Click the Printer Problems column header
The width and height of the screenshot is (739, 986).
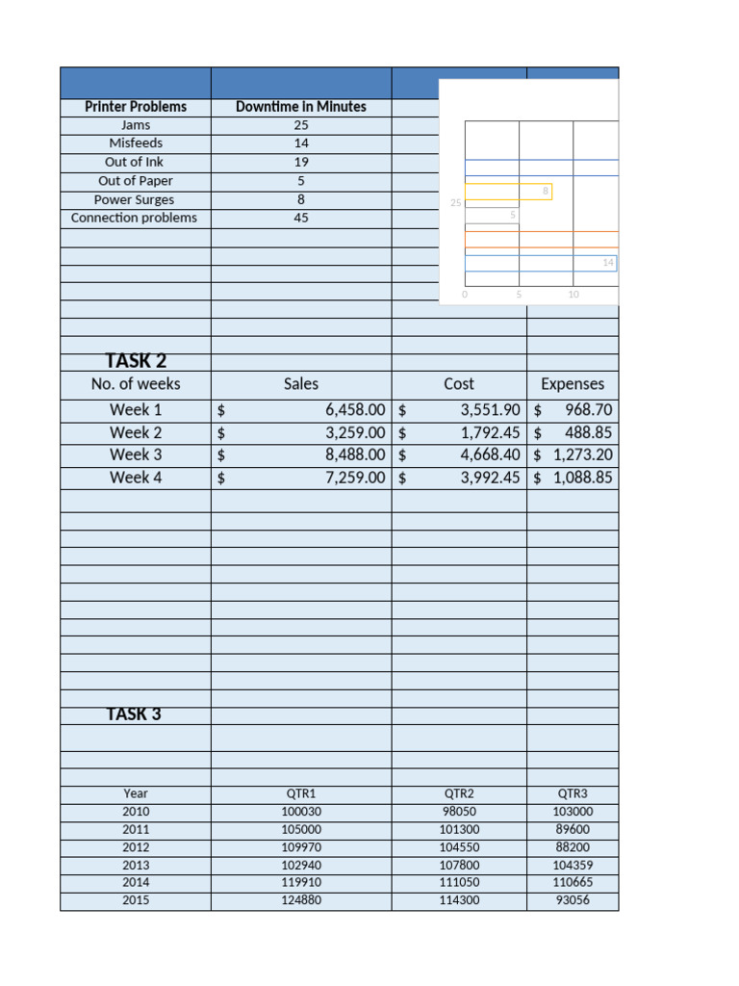pos(135,107)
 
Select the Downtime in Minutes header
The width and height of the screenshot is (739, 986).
pos(301,107)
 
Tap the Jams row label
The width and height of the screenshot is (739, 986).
pos(135,125)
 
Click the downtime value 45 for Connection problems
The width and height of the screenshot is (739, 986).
pos(301,218)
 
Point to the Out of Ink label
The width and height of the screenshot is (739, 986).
pos(135,162)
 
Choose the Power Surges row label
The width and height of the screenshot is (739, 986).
pos(135,199)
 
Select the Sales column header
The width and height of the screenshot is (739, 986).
pos(301,384)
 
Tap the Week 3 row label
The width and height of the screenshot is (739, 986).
pos(136,454)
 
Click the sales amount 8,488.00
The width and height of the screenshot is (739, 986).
pos(355,454)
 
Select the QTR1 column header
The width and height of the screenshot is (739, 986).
pos(301,793)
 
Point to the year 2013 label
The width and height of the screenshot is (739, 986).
pos(136,865)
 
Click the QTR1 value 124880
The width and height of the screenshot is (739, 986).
pos(301,900)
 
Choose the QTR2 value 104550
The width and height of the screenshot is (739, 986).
pos(459,847)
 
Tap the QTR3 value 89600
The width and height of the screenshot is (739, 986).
pos(573,829)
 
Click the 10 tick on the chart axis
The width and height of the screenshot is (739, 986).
pos(573,295)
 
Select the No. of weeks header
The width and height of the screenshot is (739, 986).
pos(136,384)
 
